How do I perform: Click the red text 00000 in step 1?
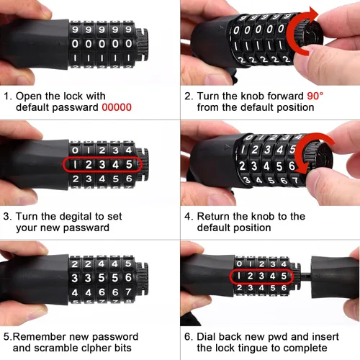coord(116,107)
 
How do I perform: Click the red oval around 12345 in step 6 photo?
coord(263,276)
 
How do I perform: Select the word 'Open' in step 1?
coord(30,96)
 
